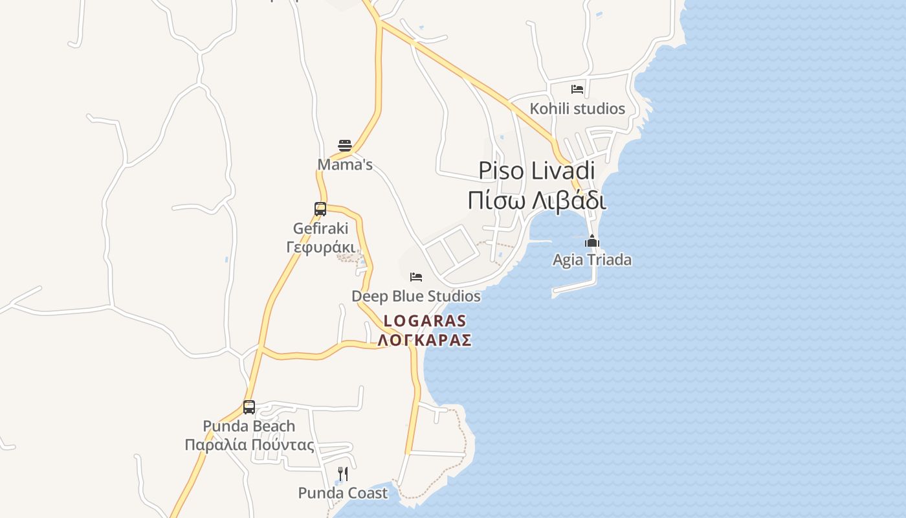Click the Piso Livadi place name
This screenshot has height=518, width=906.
pyautogui.click(x=536, y=170)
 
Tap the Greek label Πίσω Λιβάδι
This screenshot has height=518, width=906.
pyautogui.click(x=536, y=200)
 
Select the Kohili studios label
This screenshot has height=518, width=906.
pyautogui.click(x=577, y=108)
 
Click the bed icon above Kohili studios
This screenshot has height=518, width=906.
pyautogui.click(x=577, y=89)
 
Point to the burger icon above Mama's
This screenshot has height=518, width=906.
pyautogui.click(x=345, y=145)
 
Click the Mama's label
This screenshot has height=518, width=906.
pyautogui.click(x=345, y=164)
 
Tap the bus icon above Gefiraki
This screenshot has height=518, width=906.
pyautogui.click(x=320, y=209)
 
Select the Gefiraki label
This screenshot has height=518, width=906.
pyautogui.click(x=320, y=228)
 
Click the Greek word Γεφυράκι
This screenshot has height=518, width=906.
pyautogui.click(x=320, y=247)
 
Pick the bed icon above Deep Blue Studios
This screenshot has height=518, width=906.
pyautogui.click(x=416, y=277)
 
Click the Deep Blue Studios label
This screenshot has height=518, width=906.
pyautogui.click(x=416, y=296)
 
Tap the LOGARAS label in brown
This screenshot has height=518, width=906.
pyautogui.click(x=425, y=321)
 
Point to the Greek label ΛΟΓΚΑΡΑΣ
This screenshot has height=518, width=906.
pyautogui.click(x=425, y=340)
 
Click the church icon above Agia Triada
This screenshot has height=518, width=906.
pyautogui.click(x=592, y=242)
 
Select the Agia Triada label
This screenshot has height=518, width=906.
pyautogui.click(x=592, y=260)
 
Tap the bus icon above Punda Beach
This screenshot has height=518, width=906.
pyautogui.click(x=249, y=407)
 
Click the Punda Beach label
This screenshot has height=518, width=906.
pyautogui.click(x=249, y=426)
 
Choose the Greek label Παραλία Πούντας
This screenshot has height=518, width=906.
pyautogui.click(x=249, y=445)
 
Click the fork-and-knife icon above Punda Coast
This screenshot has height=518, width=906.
pyautogui.click(x=343, y=474)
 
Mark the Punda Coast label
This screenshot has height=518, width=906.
pyautogui.click(x=343, y=493)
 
